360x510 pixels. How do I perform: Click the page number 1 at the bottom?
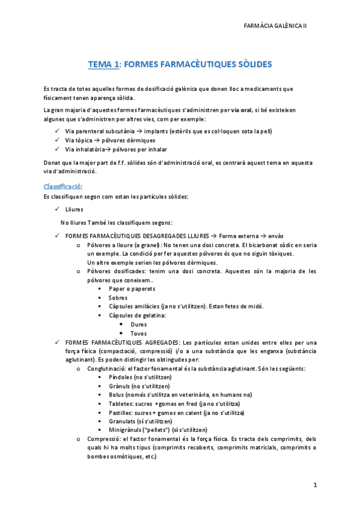click(314, 484)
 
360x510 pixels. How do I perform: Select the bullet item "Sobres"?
click(118, 297)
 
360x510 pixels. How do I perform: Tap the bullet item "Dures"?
click(138, 324)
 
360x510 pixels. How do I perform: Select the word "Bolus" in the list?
click(117, 395)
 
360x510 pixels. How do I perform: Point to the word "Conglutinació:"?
click(106, 368)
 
